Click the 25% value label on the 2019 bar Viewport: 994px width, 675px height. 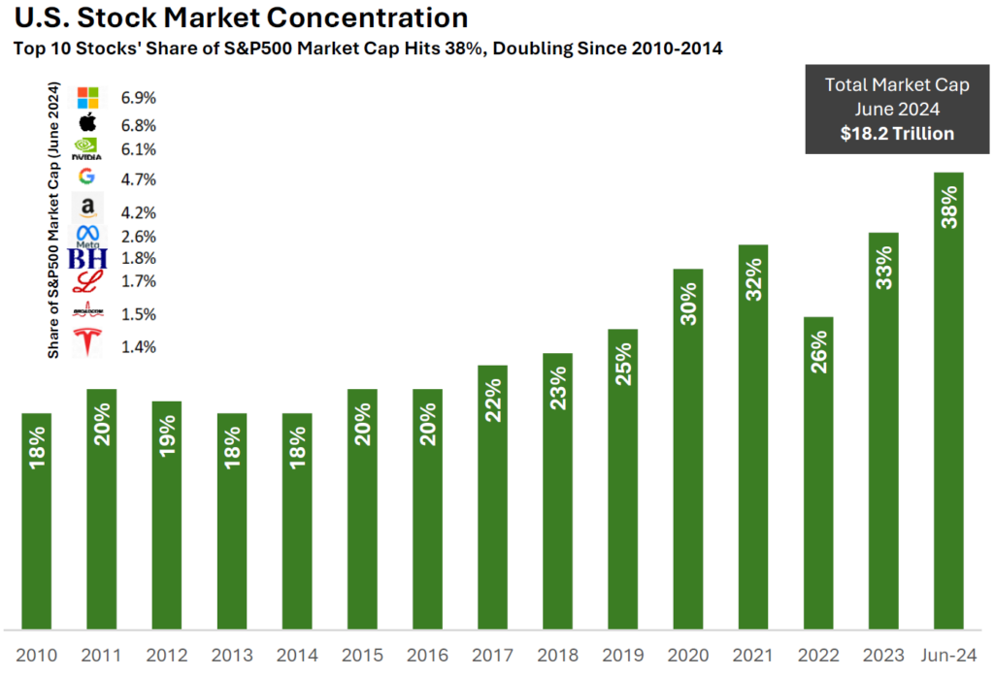pyautogui.click(x=623, y=364)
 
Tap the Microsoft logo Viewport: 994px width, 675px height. pyautogui.click(x=88, y=98)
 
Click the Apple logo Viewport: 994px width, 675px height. pyautogui.click(x=88, y=123)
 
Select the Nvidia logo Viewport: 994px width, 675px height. pyautogui.click(x=87, y=148)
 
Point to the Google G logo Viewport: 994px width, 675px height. pyautogui.click(x=87, y=177)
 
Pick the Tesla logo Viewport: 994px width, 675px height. pyautogui.click(x=88, y=342)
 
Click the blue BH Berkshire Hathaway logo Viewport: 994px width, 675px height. pyautogui.click(x=87, y=259)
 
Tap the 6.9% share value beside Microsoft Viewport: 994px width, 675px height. pyautogui.click(x=139, y=98)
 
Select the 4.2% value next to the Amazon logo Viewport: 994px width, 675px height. pyautogui.click(x=139, y=212)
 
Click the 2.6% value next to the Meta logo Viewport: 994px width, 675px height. pyautogui.click(x=139, y=237)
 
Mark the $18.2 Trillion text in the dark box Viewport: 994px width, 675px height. pyautogui.click(x=897, y=134)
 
